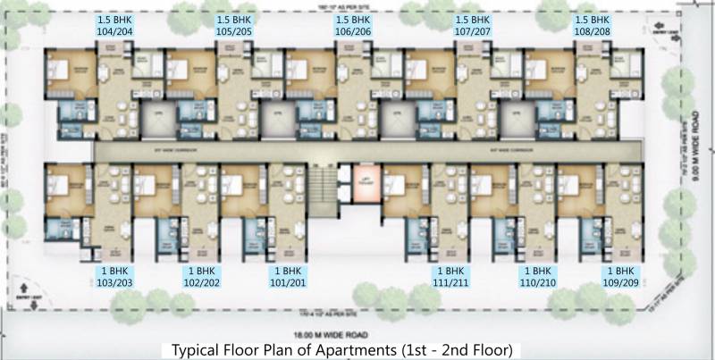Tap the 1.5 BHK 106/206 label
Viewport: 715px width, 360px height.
pyautogui.click(x=354, y=23)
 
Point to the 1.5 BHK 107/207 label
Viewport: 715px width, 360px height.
pyautogui.click(x=474, y=23)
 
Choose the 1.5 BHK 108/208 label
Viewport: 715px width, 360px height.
pyautogui.click(x=593, y=23)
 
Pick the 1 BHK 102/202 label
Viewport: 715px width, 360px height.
pyautogui.click(x=201, y=276)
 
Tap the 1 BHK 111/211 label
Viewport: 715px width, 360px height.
pyautogui.click(x=450, y=276)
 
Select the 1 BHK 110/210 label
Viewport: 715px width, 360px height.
pyautogui.click(x=537, y=276)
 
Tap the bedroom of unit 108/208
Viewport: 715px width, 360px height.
pyautogui.click(x=546, y=71)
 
